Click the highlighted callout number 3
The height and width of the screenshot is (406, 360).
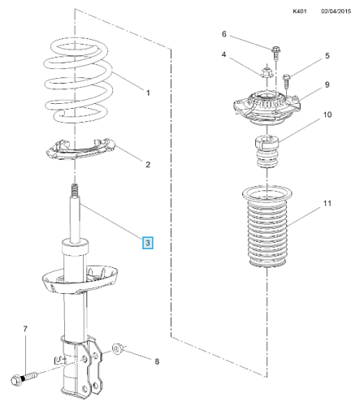[148, 243]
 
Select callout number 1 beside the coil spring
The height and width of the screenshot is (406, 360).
[148, 93]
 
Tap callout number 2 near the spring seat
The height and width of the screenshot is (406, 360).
[148, 165]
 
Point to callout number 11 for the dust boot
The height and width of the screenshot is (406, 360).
[327, 203]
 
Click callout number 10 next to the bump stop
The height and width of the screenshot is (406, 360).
[327, 114]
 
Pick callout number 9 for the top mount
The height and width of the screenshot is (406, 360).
[327, 84]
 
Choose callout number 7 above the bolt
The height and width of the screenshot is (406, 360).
[25, 329]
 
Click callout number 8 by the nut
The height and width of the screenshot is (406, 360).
[157, 361]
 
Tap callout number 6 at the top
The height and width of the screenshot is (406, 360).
[224, 34]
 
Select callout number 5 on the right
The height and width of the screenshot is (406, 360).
[327, 55]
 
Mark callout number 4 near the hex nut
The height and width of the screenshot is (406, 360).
[223, 54]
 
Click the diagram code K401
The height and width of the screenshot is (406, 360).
[300, 11]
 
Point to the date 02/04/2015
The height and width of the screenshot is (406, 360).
[336, 11]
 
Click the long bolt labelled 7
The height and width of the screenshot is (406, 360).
[24, 378]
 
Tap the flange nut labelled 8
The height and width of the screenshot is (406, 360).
[118, 348]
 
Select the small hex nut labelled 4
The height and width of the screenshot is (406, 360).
[267, 72]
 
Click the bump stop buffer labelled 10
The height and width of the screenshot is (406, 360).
[267, 152]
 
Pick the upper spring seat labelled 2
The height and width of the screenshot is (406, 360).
[80, 149]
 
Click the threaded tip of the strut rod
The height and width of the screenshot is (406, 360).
[75, 191]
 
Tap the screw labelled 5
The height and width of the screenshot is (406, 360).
[287, 81]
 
